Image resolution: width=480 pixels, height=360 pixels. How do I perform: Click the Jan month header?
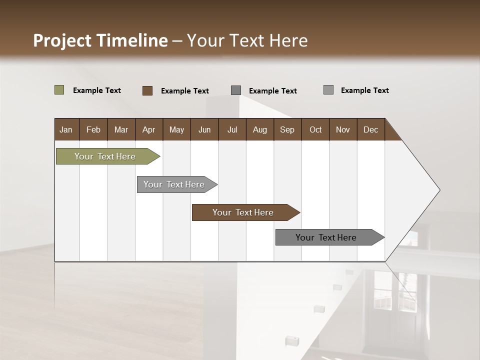[66, 129]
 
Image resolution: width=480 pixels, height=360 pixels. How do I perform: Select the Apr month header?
[149, 129]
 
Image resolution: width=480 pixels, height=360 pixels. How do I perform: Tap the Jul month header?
[232, 129]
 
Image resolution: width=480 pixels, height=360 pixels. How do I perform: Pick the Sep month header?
[287, 129]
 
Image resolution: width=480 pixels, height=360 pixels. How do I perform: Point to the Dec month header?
[370, 129]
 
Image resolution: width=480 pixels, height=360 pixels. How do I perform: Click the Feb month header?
[93, 129]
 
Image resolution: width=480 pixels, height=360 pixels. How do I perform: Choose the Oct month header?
[315, 129]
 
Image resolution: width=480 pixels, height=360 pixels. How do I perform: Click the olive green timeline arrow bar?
[105, 156]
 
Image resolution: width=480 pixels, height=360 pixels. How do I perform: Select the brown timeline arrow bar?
[243, 212]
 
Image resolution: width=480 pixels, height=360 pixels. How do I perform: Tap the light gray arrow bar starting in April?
[174, 184]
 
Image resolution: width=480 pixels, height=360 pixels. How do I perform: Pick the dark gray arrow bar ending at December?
[326, 237]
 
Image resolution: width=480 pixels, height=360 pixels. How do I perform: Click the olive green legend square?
[59, 90]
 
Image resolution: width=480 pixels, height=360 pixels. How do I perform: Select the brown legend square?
[147, 90]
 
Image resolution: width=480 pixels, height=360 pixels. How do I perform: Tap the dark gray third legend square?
[236, 90]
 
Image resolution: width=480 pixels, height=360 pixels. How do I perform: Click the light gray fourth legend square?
[328, 90]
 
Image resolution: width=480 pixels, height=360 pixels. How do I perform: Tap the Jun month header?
[204, 129]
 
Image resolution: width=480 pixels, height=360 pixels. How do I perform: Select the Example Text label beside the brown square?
[184, 91]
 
